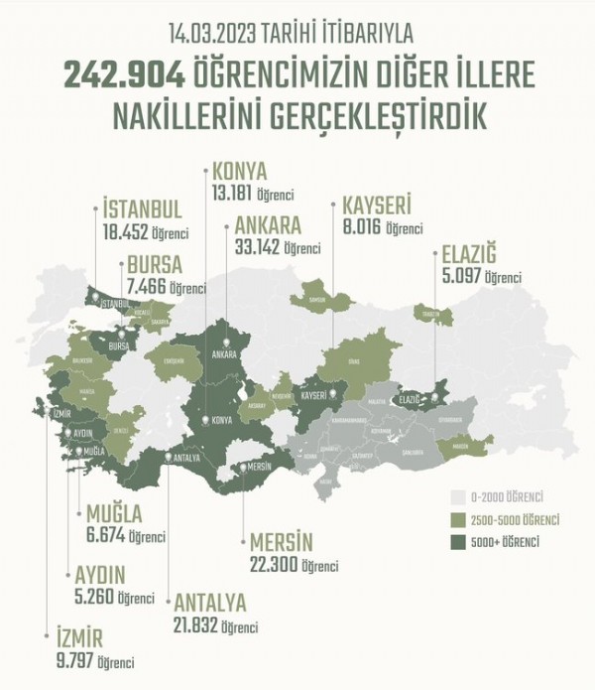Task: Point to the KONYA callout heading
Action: (x=240, y=169)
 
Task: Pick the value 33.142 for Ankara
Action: (x=256, y=246)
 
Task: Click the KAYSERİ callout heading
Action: (x=376, y=206)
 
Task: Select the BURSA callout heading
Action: (x=154, y=267)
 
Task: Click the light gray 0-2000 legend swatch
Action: (x=458, y=495)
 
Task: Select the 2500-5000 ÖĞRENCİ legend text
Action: (x=516, y=520)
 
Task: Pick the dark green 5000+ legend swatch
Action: (x=458, y=542)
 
